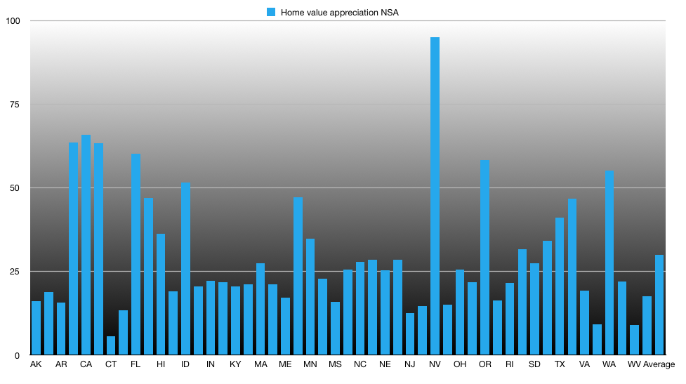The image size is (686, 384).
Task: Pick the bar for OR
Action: [x=484, y=257]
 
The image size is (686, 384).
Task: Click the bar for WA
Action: [x=609, y=263]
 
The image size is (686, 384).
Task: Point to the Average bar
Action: [x=659, y=305]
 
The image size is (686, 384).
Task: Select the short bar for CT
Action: [x=111, y=346]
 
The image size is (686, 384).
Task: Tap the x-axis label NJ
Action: [x=409, y=364]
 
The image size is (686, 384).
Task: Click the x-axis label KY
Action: [x=235, y=364]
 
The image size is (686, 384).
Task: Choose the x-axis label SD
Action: [x=534, y=364]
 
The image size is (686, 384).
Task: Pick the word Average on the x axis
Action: [x=659, y=364]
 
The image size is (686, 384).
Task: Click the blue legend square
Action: [x=271, y=12]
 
